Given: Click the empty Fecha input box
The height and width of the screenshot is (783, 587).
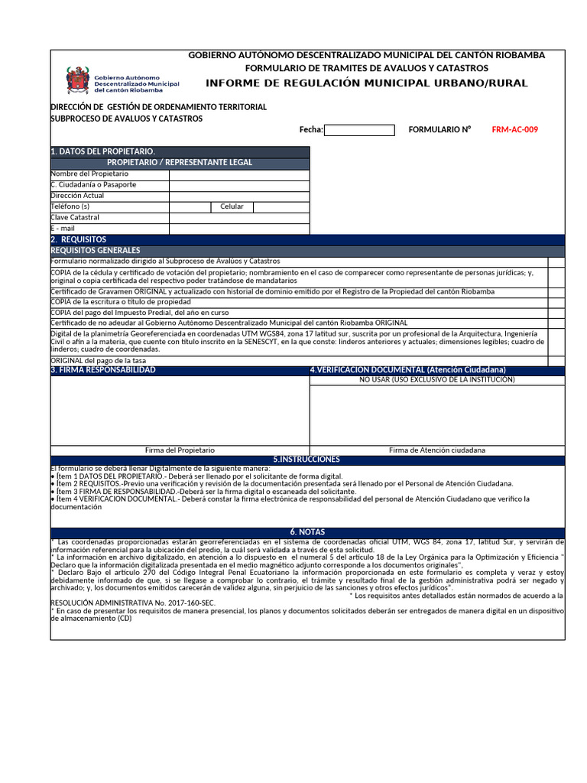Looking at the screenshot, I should pos(359,130).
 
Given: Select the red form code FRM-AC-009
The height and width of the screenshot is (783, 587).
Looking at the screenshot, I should pos(514,130).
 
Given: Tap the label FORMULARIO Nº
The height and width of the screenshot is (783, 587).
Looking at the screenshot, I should pos(439,130).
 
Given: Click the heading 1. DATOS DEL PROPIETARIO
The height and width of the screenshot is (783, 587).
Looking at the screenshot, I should pos(103,152).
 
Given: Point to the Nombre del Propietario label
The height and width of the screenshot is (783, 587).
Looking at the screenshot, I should pos(89,174).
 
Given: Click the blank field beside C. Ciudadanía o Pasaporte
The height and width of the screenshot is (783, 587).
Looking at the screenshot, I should pos(239,185).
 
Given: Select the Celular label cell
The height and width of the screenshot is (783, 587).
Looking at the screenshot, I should pos(232,207).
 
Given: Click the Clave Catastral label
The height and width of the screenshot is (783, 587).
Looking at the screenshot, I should pos(75,218).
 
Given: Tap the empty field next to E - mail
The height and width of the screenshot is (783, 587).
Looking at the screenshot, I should pos(239,229).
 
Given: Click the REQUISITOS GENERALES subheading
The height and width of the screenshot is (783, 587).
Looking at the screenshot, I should pos(96,251).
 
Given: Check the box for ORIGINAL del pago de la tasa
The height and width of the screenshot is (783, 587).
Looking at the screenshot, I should pos(556,361).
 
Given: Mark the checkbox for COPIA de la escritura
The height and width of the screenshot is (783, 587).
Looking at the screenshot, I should pos(556,302).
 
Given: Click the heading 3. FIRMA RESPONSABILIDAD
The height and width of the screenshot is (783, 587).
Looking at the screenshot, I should pos(103,370).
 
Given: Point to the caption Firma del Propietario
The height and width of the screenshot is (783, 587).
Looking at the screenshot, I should pos(180,450).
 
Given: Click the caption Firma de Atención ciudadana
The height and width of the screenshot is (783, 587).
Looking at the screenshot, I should pos(436,450).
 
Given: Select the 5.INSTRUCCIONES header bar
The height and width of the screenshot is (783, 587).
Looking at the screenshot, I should pos(306,460).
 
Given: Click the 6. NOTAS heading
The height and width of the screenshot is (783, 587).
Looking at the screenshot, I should pos(307,532).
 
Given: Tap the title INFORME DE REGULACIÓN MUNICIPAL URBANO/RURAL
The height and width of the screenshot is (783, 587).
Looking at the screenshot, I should pos(366,83).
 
